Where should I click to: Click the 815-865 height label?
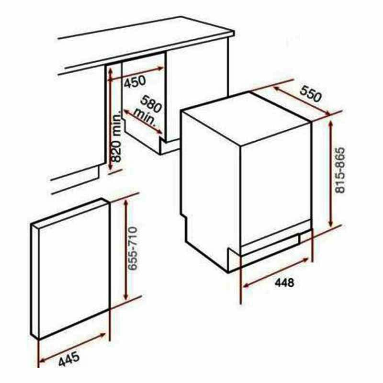tap(340, 170)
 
